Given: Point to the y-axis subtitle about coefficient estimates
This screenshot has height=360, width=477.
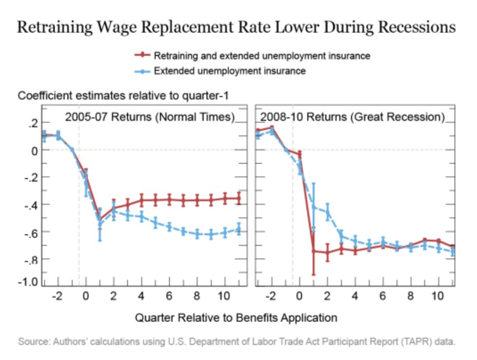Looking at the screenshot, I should pos(123,96).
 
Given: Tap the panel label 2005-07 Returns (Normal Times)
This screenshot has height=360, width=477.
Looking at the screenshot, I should pos(150,117).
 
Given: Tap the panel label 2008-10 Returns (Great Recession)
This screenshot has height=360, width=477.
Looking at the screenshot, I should pos(352,117).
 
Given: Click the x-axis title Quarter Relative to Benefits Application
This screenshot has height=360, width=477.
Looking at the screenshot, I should pos(236,318).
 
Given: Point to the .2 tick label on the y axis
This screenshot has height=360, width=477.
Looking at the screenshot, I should pos(32,124).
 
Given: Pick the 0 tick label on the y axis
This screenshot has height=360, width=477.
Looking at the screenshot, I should pos(34,150).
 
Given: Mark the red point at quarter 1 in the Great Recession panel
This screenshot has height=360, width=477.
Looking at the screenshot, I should pos(313,251).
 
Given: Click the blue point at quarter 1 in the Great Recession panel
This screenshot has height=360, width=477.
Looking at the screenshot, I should pos(313,207).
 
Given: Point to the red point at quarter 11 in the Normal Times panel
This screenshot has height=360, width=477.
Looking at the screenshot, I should pos(238,198).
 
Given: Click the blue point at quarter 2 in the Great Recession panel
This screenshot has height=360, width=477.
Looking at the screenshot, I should pos(327,212).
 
